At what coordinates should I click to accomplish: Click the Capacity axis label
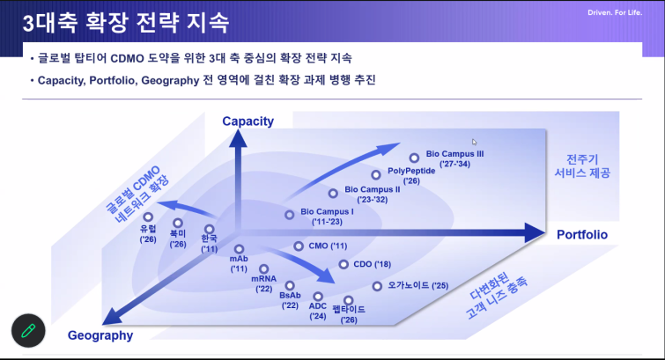pos(248,121)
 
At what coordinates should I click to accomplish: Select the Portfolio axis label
pos(582,234)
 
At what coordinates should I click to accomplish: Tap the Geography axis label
pos(100,335)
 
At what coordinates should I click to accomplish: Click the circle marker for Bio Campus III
pos(414,158)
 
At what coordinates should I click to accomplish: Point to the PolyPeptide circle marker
pos(376,174)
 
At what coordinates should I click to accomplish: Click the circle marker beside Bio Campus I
pos(289,215)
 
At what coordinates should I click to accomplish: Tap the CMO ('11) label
pos(328,246)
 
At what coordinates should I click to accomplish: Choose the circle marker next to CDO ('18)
pos(344,264)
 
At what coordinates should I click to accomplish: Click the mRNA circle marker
pos(263,268)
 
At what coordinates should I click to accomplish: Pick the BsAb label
pos(290,296)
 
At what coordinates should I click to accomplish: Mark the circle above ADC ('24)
pos(318,297)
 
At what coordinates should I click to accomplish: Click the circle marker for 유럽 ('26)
pos(148,217)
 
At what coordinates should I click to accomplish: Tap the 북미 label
pos(178,233)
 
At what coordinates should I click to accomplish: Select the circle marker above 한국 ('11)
pos(209,230)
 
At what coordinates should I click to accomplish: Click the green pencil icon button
pos(28,331)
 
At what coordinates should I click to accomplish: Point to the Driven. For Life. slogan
pos(615,12)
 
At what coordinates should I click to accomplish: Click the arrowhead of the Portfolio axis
pos(535,232)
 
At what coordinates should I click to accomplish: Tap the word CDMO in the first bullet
pos(127,58)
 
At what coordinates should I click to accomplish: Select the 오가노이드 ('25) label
pos(418,286)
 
